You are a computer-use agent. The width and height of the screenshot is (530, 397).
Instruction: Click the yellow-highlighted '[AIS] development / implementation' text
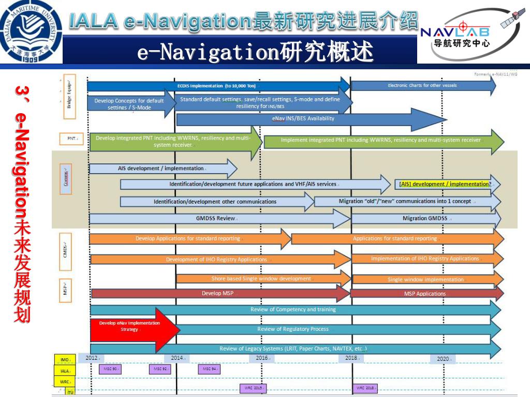click(445, 184)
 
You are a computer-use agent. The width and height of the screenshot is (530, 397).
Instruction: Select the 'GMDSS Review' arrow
click(217, 219)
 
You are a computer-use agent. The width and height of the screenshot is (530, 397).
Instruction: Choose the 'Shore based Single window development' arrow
click(262, 279)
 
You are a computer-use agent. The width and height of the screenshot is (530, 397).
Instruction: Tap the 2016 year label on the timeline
click(262, 358)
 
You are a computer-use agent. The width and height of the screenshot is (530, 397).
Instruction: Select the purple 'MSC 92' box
click(160, 369)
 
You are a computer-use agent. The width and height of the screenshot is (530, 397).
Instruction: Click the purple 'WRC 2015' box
click(253, 388)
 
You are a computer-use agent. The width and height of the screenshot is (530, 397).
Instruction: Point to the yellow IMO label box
click(65, 359)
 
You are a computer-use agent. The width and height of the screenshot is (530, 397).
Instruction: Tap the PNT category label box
click(72, 139)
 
